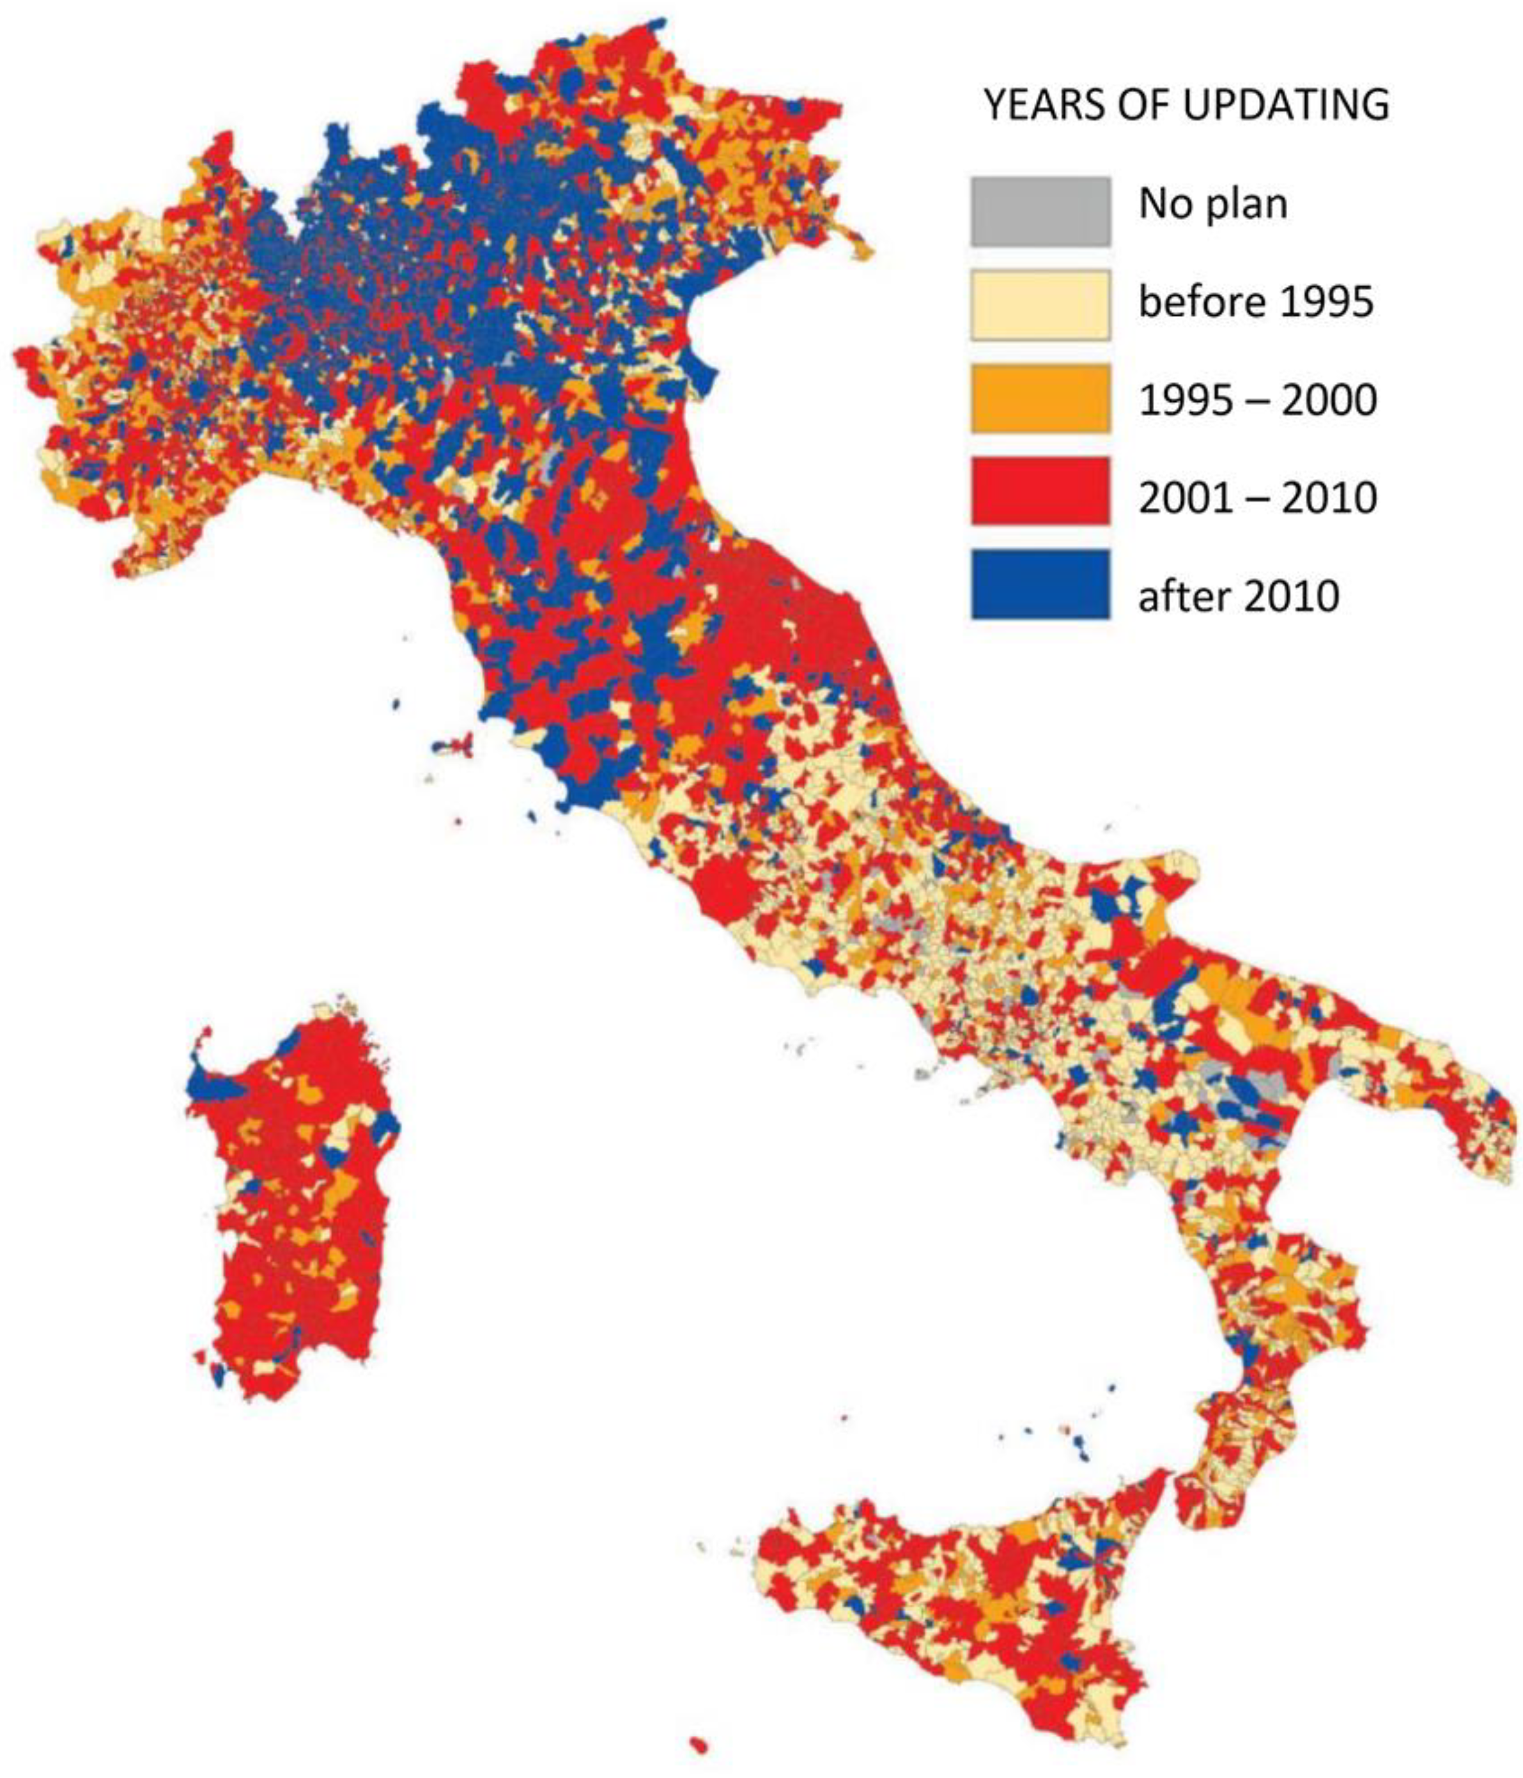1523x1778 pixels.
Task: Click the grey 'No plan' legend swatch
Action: click(1040, 211)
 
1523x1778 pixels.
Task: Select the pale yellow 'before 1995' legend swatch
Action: click(1040, 305)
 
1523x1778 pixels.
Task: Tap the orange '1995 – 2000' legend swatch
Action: click(1040, 398)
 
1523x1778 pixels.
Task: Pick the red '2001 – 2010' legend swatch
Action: click(1040, 491)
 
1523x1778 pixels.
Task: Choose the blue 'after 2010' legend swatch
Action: click(1040, 584)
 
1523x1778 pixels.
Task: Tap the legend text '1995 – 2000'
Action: click(1257, 400)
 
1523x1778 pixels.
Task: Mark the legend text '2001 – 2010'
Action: click(1257, 498)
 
